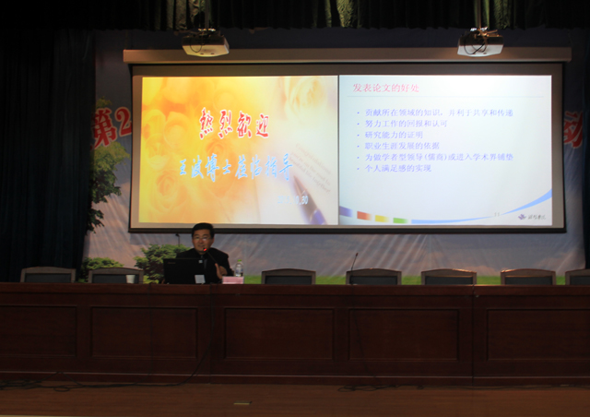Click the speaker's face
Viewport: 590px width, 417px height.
pyautogui.click(x=203, y=237)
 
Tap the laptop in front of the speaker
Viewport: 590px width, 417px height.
pyautogui.click(x=180, y=270)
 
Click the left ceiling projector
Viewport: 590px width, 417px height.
pyautogui.click(x=205, y=43)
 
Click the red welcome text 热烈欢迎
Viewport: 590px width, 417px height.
pyautogui.click(x=234, y=124)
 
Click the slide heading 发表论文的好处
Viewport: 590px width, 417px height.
pyautogui.click(x=385, y=88)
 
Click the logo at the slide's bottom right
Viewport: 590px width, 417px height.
pyautogui.click(x=533, y=217)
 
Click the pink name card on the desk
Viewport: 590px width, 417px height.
pyautogui.click(x=232, y=280)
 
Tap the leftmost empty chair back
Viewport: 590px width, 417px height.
pyautogui.click(x=48, y=275)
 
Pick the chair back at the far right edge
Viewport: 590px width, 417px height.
pyautogui.click(x=578, y=276)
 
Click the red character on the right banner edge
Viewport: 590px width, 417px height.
pyautogui.click(x=573, y=130)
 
